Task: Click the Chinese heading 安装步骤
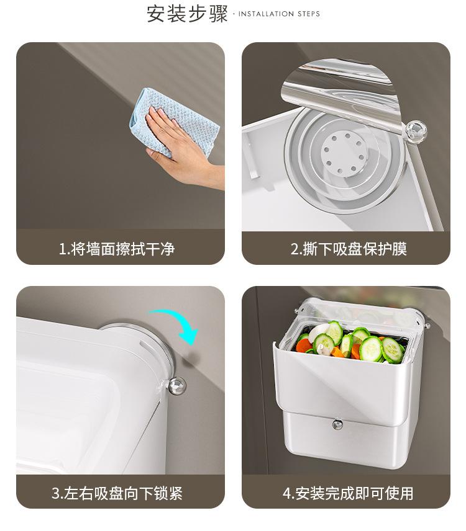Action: (x=187, y=14)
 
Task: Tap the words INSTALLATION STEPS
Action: (x=279, y=14)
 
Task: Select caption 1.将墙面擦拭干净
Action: (x=117, y=249)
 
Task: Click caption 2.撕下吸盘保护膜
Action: (x=349, y=249)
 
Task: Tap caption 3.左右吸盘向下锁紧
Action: (x=117, y=493)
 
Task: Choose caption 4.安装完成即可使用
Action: (x=348, y=493)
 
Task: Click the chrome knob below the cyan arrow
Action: (x=177, y=385)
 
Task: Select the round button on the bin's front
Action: (x=337, y=424)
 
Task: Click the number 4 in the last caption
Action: (x=287, y=494)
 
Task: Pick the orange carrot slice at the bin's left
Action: (x=304, y=345)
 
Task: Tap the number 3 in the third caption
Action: (x=56, y=494)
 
